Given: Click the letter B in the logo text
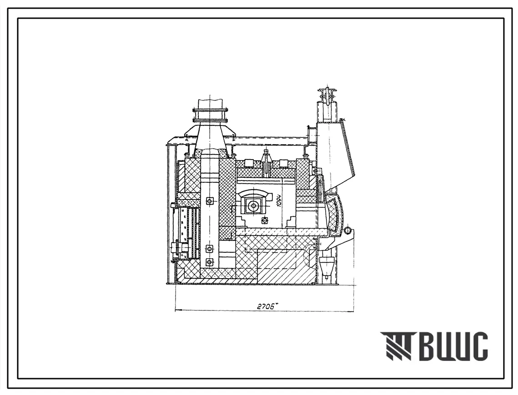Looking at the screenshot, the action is [429, 346].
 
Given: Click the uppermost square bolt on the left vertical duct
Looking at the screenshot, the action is [210, 200].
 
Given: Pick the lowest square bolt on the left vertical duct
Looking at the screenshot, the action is [209, 262].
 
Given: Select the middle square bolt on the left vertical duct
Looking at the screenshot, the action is [209, 249].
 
